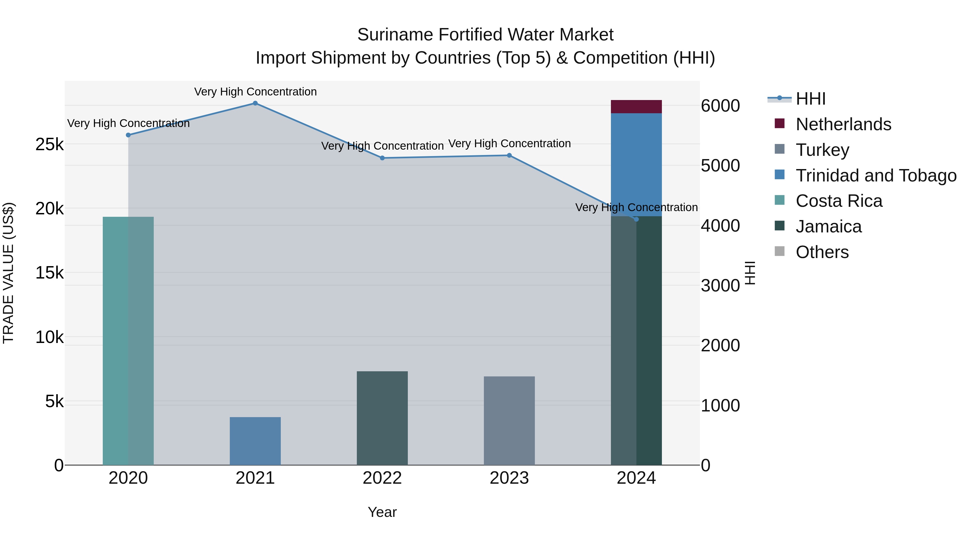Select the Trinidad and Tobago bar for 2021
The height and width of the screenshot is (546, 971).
255,441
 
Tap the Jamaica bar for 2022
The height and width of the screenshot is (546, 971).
382,418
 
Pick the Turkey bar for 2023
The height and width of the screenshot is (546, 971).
509,421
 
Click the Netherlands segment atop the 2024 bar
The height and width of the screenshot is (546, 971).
636,107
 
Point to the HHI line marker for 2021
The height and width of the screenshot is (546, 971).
255,103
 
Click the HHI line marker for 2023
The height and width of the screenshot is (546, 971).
509,155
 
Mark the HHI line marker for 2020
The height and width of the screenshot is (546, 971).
128,135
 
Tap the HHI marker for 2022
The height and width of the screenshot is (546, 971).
382,158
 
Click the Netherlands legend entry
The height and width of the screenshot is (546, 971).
843,124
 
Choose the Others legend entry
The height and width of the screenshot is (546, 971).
822,252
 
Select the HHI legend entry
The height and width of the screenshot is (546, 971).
811,99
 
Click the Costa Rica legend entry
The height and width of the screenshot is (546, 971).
839,201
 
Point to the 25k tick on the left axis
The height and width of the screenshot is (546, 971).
49,144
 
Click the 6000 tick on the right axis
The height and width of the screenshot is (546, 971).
720,106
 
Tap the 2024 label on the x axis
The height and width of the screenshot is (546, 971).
636,478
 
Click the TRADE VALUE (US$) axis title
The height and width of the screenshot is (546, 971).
8,273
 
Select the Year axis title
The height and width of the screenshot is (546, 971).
382,512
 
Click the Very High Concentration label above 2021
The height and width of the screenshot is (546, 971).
255,92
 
